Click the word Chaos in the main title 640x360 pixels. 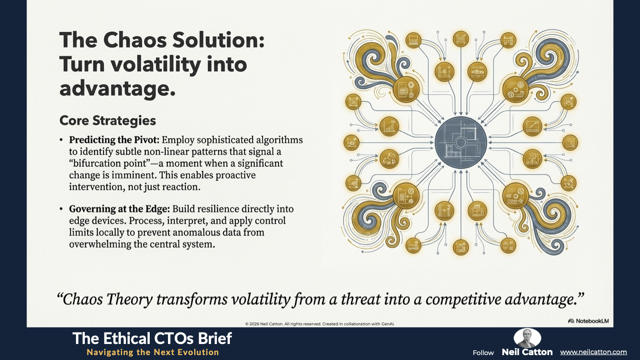[x=135, y=40]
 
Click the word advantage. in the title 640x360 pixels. [x=117, y=88]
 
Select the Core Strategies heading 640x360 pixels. [x=108, y=120]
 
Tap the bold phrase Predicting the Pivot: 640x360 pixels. [x=114, y=140]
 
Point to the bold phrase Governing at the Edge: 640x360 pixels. [x=120, y=209]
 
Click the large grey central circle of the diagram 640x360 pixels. [x=460, y=142]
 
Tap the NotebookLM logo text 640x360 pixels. [x=588, y=321]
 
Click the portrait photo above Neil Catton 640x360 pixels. [x=528, y=338]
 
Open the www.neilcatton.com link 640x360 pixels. [x=593, y=352]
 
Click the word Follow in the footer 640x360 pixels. [x=483, y=353]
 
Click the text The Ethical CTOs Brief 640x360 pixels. [x=152, y=339]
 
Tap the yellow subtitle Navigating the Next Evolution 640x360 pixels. [x=153, y=352]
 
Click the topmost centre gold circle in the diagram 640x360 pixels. [x=460, y=39]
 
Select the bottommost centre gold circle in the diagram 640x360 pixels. [x=460, y=247]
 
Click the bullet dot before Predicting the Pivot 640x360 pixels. [x=61, y=140]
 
